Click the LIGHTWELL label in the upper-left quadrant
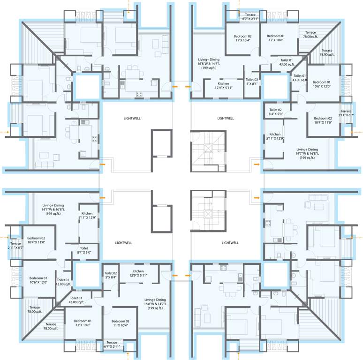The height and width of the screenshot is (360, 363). point(132,118)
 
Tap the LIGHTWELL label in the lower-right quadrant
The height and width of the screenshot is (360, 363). point(230,243)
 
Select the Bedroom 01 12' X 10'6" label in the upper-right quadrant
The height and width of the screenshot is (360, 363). point(276,38)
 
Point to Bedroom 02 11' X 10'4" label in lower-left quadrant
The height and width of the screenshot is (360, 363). point(121,323)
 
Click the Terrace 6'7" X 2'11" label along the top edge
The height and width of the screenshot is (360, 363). point(250,17)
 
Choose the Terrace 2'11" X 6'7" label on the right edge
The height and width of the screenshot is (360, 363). point(346,113)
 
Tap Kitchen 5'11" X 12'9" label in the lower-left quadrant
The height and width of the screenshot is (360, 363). point(87,216)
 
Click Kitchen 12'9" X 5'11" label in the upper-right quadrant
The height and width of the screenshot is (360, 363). point(223,86)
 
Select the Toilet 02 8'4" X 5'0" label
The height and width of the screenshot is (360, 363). point(275,112)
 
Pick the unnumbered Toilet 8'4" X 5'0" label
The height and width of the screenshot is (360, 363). point(84,250)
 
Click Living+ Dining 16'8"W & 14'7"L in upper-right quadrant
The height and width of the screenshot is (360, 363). point(209,64)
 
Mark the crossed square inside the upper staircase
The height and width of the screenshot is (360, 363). point(208,148)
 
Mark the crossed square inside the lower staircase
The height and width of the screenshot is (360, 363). point(208,214)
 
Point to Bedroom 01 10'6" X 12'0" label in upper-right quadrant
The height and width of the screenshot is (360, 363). point(322,84)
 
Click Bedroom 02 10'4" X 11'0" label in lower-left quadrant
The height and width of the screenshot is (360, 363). point(36,240)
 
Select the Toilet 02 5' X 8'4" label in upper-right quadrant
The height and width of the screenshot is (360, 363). point(252,82)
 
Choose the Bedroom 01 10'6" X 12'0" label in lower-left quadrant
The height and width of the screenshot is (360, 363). point(38,280)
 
